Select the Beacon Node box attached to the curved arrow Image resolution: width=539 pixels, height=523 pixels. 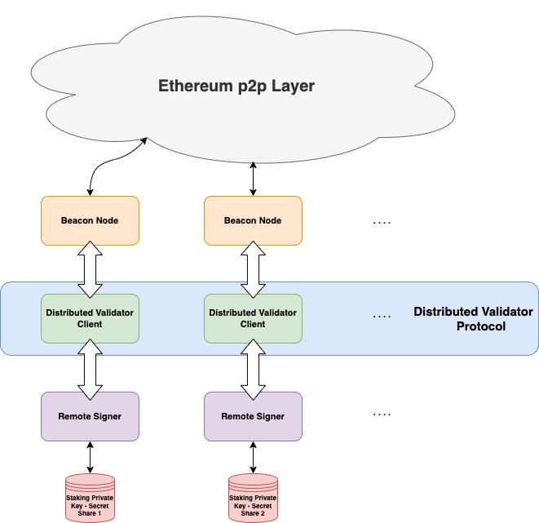click(90, 220)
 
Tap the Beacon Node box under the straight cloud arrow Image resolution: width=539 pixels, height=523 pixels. click(253, 220)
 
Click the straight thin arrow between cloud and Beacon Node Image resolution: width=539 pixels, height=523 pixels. click(253, 178)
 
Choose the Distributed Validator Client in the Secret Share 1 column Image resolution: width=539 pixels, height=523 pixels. click(90, 318)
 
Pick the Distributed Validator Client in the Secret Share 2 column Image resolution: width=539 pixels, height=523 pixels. click(253, 318)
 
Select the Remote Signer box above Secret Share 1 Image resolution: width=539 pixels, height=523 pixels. click(90, 416)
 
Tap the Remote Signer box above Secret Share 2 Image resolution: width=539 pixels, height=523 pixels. click(253, 416)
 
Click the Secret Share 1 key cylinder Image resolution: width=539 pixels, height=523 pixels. click(90, 499)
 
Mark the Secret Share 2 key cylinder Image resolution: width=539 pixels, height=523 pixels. click(253, 499)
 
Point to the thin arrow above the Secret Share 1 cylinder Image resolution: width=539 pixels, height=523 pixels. click(90, 458)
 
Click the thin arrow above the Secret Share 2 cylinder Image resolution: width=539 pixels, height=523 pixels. click(253, 458)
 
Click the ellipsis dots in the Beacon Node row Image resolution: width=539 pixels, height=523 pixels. click(382, 222)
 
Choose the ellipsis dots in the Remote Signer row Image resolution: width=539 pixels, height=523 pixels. click(382, 414)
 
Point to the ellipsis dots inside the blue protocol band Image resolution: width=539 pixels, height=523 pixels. click(382, 316)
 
